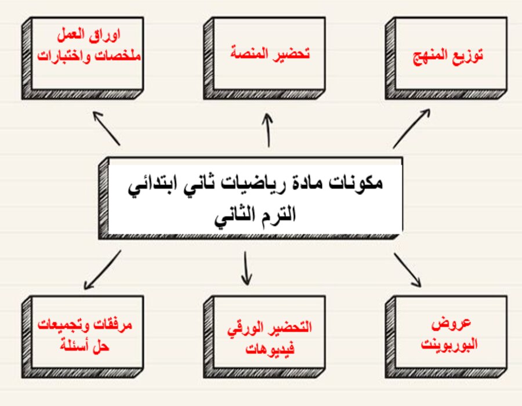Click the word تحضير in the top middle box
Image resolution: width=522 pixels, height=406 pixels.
(291, 55)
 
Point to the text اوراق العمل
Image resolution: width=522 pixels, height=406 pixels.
(89, 40)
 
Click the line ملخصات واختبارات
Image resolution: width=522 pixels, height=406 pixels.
(89, 57)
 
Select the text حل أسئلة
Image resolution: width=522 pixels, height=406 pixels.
(85, 347)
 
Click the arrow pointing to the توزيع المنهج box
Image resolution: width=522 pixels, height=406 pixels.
(411, 128)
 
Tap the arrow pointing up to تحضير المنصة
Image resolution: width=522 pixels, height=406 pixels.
(267, 130)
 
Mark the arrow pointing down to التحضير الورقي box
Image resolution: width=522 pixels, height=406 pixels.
(246, 268)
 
